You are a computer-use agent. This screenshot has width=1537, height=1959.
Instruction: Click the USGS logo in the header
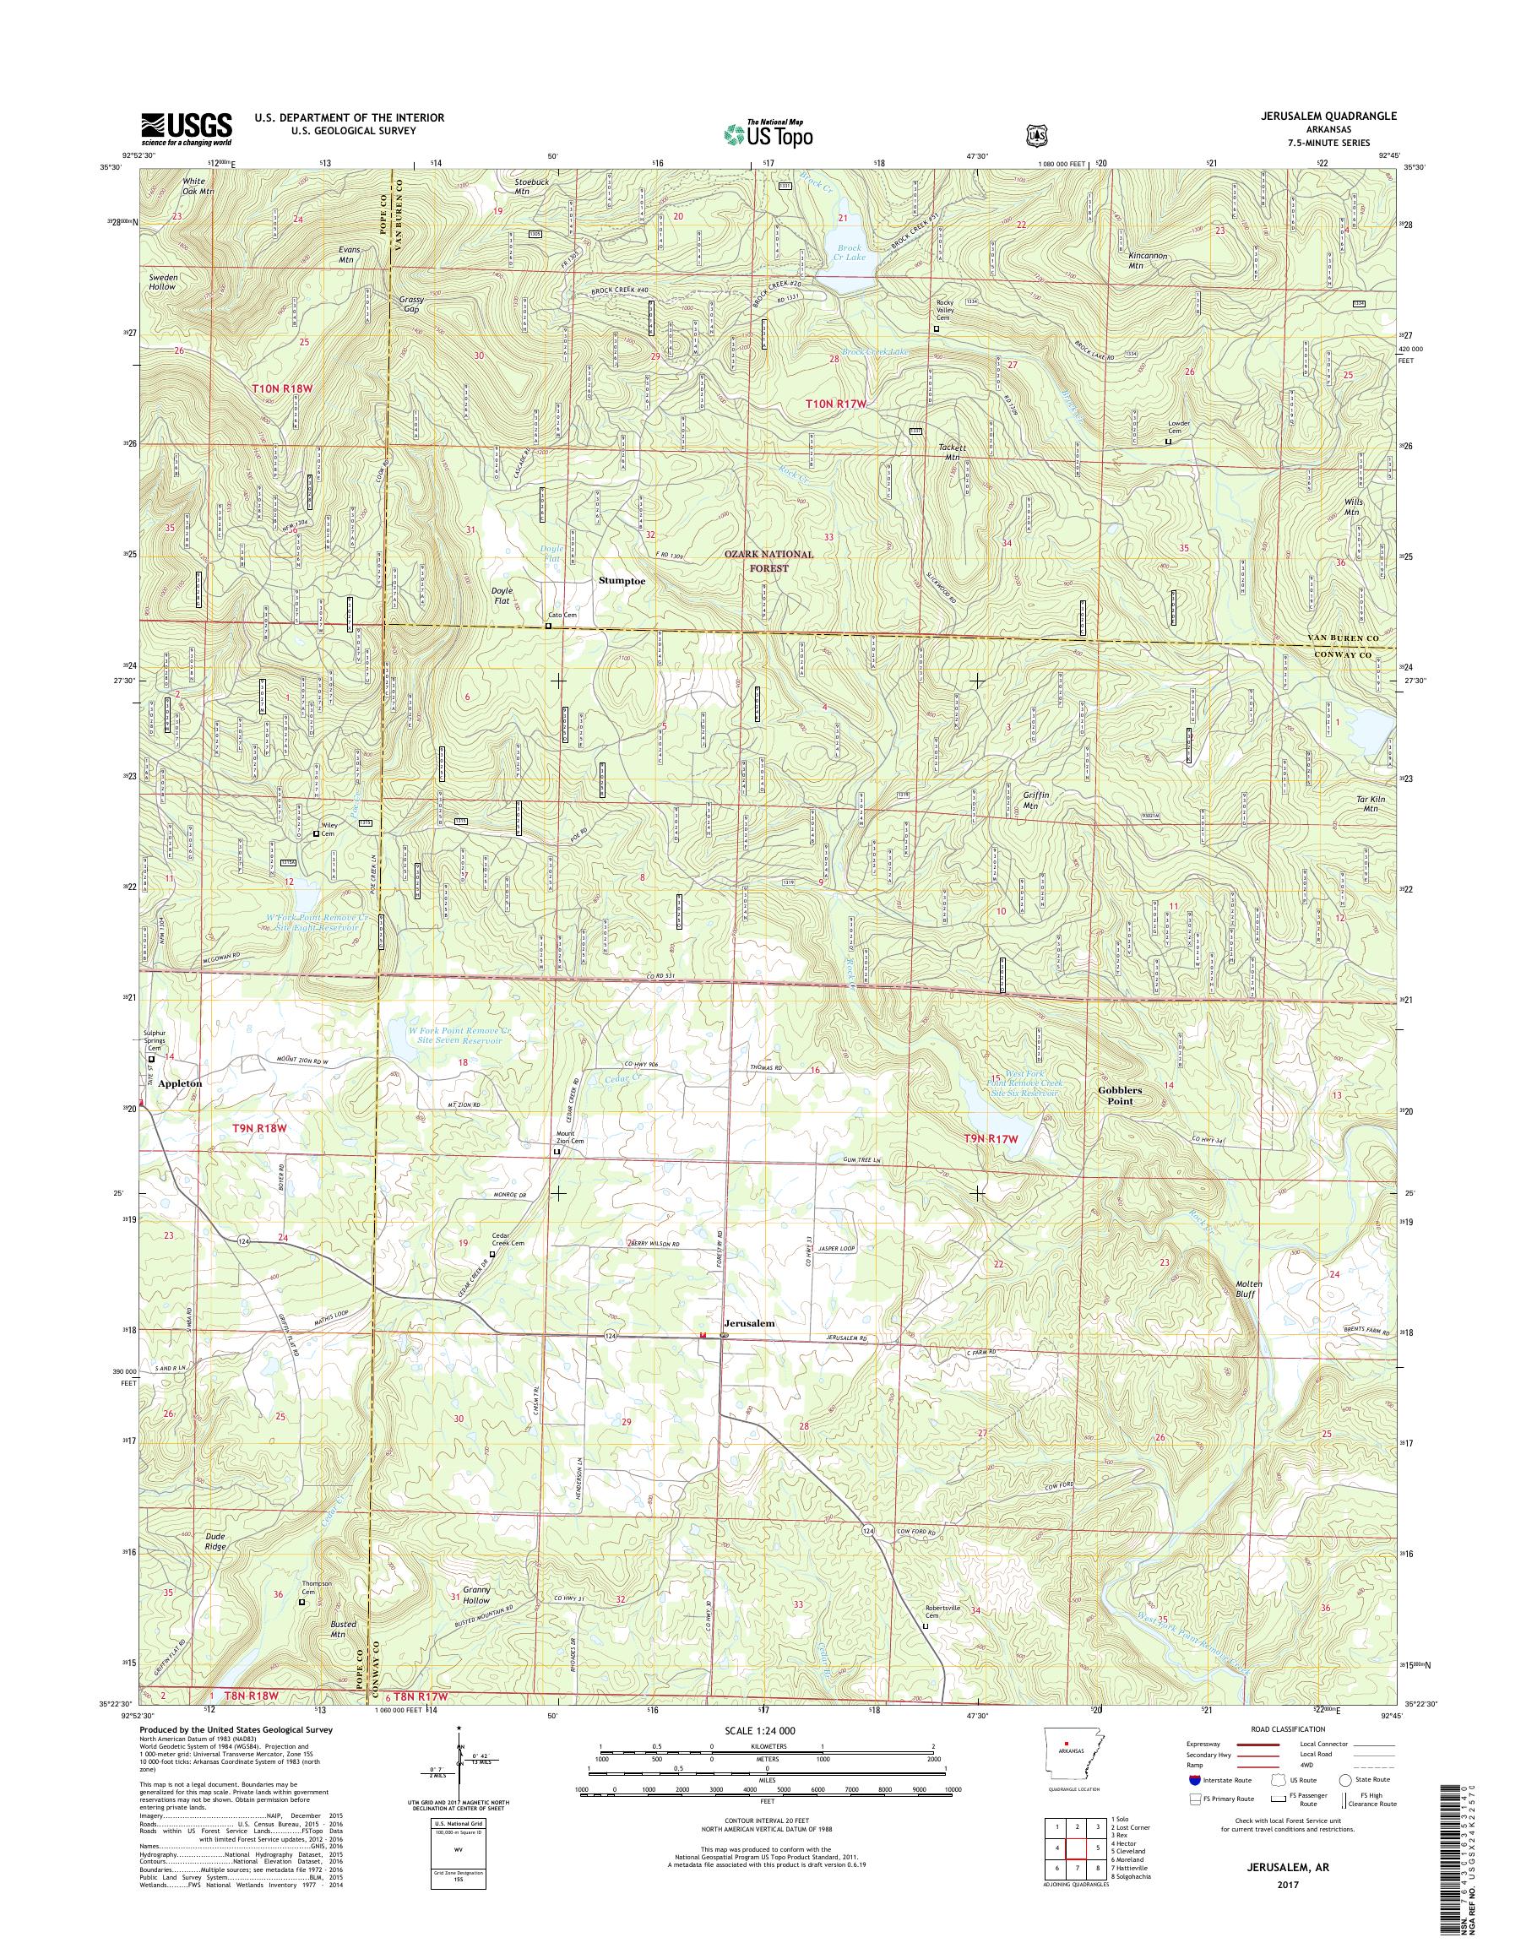[x=186, y=129]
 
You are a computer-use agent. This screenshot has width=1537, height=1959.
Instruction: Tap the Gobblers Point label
[x=1120, y=1094]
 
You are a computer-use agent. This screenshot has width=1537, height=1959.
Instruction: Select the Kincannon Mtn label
[x=1148, y=260]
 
